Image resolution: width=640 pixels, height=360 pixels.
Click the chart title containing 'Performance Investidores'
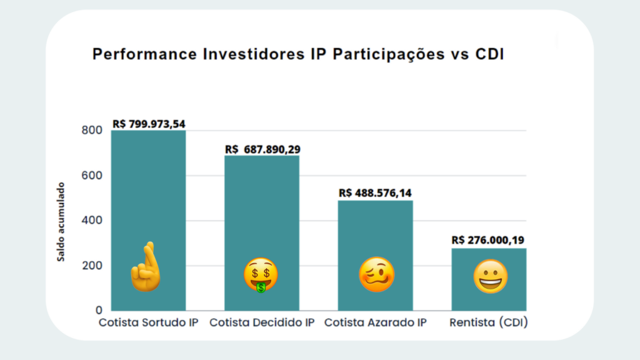point(298,54)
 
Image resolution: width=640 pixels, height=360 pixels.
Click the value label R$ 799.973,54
point(149,124)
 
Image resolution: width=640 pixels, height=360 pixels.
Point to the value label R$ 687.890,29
point(262,149)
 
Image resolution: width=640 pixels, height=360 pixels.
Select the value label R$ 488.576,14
point(376,194)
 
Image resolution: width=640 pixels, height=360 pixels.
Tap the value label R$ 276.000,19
point(489,240)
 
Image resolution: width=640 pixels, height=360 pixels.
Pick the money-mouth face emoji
point(261,276)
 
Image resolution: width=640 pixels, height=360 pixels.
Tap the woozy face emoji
point(377,275)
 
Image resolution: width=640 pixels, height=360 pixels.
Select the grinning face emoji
point(490,277)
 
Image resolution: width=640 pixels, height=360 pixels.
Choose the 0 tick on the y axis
point(99,311)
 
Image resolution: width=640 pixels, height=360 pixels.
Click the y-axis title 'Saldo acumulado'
point(61,222)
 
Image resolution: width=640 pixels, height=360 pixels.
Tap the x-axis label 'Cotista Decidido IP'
point(262,323)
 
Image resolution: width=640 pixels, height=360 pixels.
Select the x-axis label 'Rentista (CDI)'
point(489,323)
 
